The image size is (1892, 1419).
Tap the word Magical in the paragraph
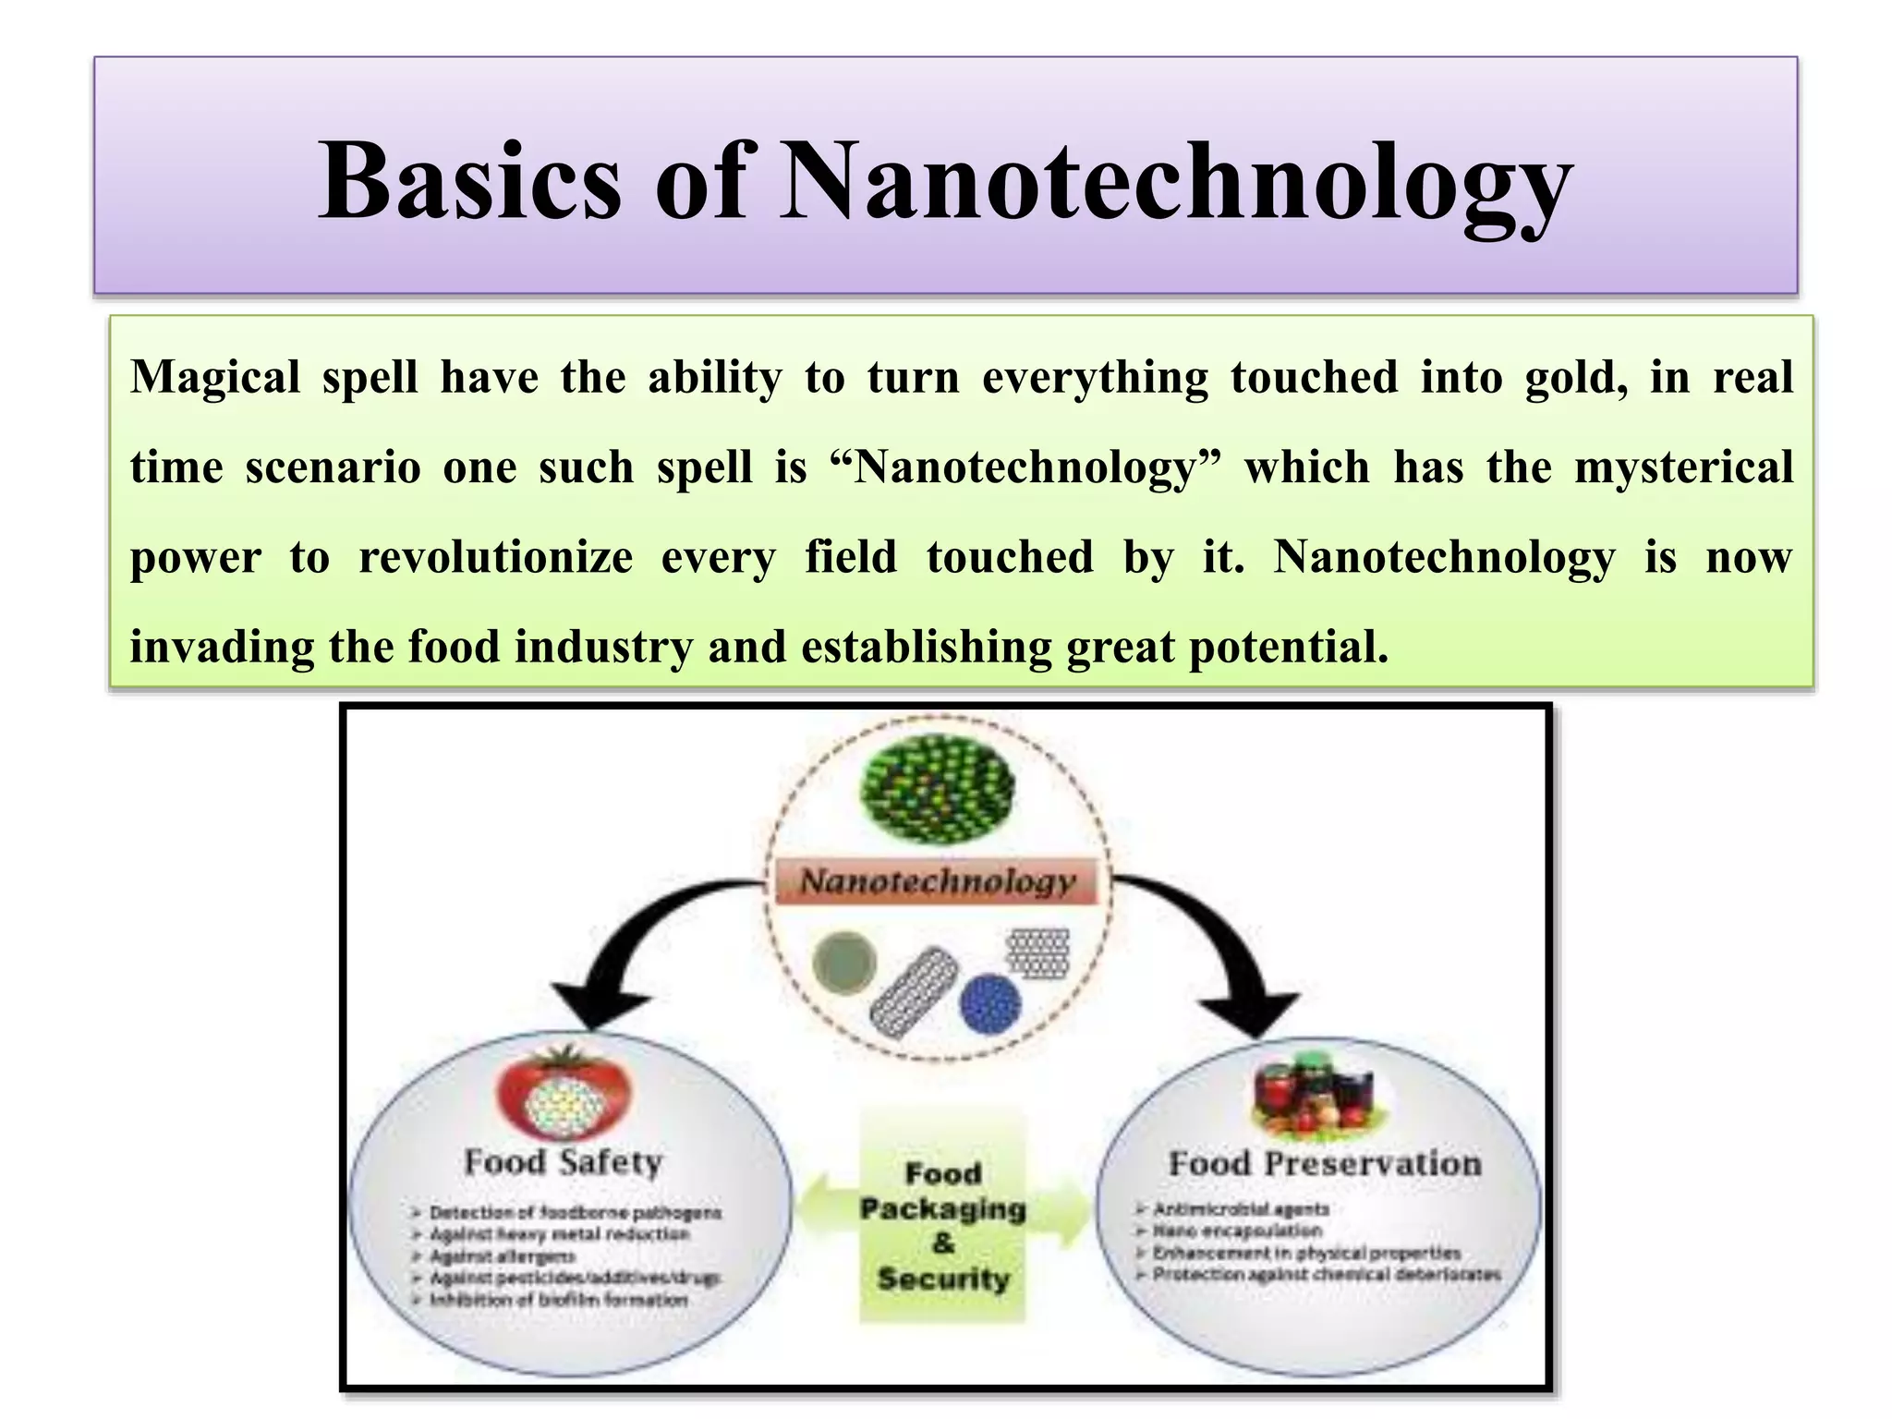(x=215, y=378)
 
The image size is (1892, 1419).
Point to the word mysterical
(x=1683, y=467)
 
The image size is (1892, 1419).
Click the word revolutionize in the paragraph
(x=496, y=557)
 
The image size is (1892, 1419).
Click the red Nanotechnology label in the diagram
(x=937, y=881)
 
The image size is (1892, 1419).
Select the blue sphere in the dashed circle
(x=990, y=1003)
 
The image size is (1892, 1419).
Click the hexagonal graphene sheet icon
(x=1037, y=953)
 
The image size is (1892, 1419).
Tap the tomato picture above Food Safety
(x=564, y=1096)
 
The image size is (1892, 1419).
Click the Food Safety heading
(x=564, y=1162)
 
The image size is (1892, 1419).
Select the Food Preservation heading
(x=1325, y=1164)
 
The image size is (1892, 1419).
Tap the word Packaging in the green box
(x=942, y=1209)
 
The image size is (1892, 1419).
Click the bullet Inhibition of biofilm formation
(x=558, y=1300)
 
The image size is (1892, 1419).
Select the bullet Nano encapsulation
(x=1236, y=1231)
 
